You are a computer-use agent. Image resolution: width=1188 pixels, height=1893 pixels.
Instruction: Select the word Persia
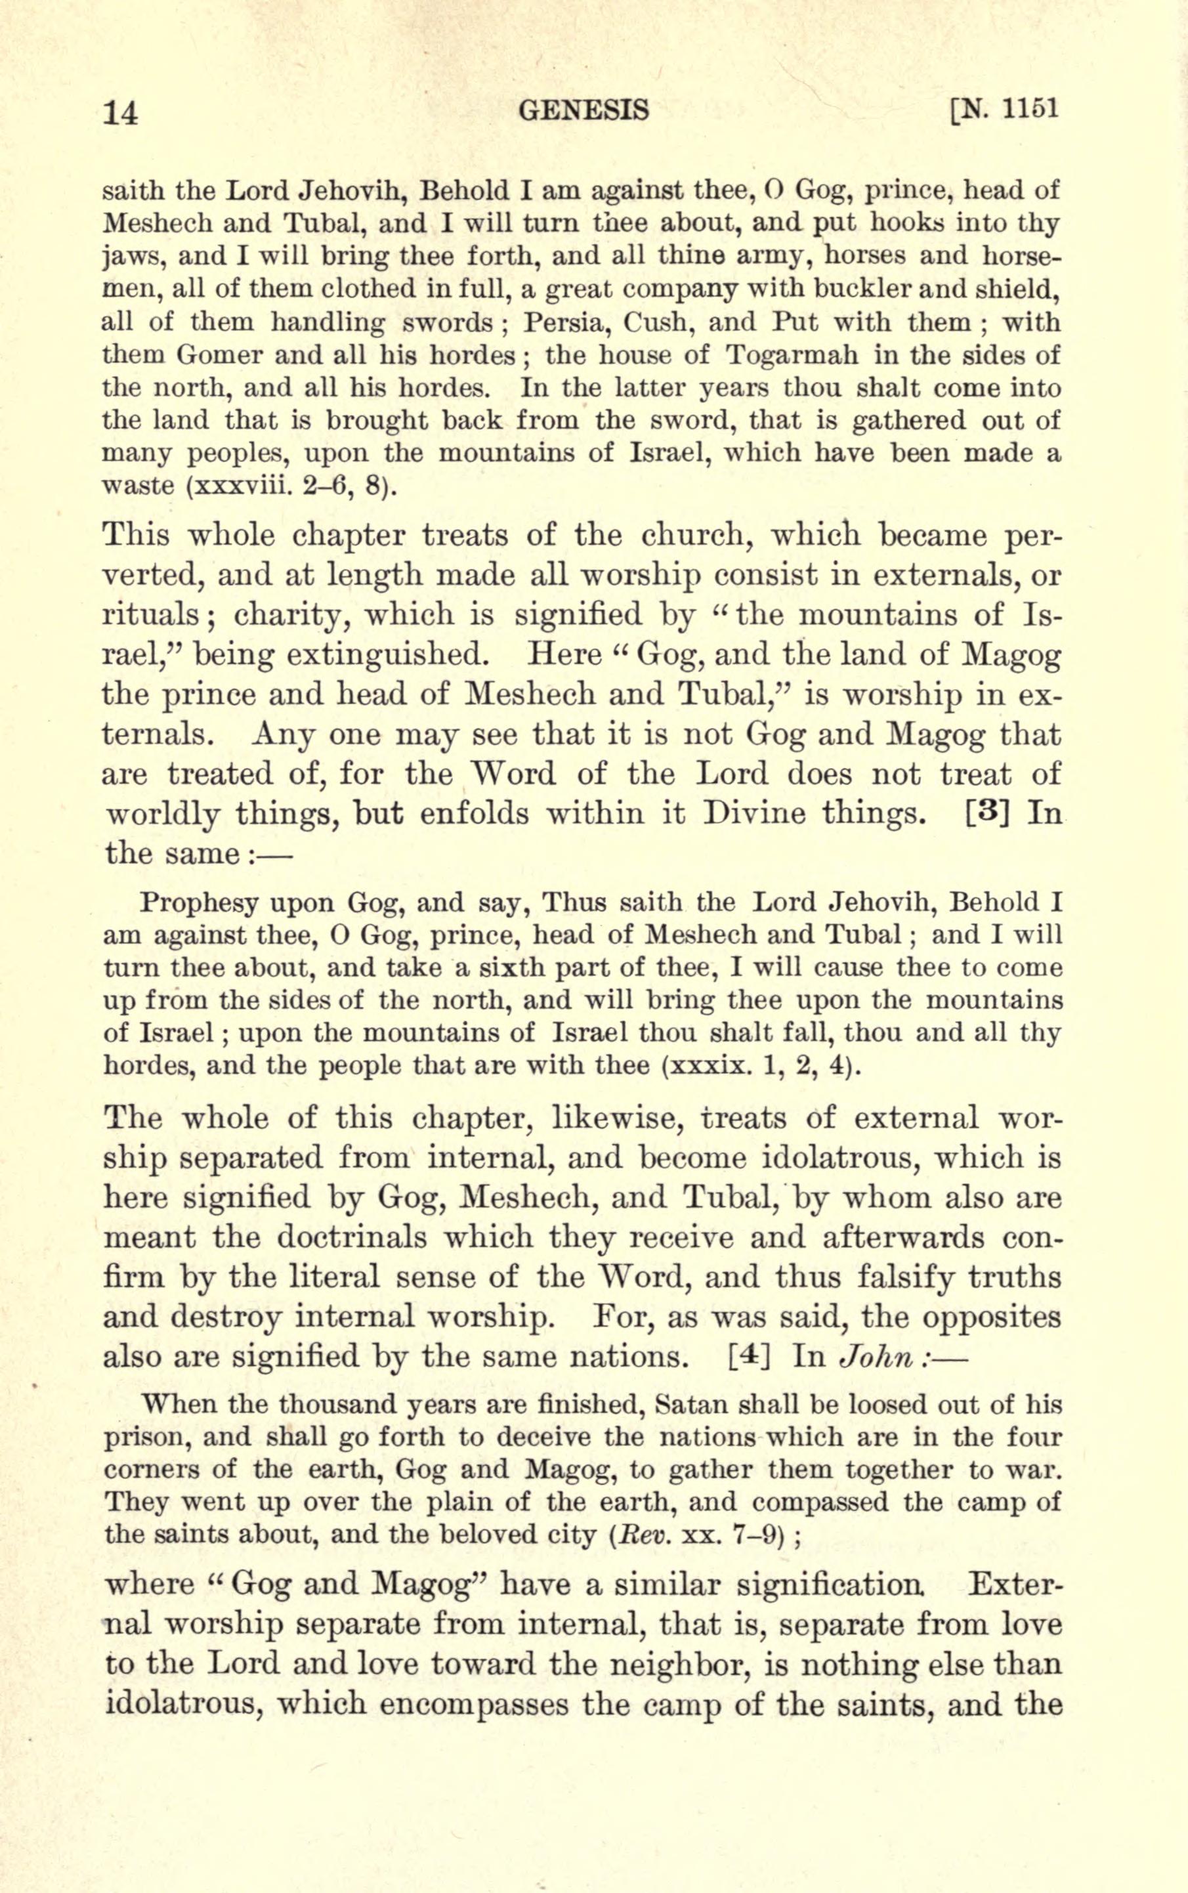pyautogui.click(x=564, y=322)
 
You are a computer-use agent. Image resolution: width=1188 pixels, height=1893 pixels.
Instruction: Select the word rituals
pyautogui.click(x=153, y=615)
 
